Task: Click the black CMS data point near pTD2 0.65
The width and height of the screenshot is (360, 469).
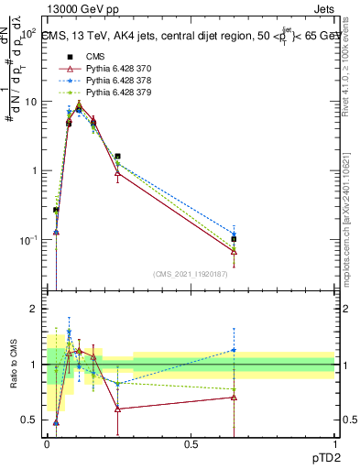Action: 234,239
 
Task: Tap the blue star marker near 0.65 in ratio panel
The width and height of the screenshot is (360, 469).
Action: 234,350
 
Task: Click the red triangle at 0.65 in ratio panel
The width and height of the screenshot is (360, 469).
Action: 234,398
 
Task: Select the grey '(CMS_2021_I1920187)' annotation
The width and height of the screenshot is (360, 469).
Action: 191,274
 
